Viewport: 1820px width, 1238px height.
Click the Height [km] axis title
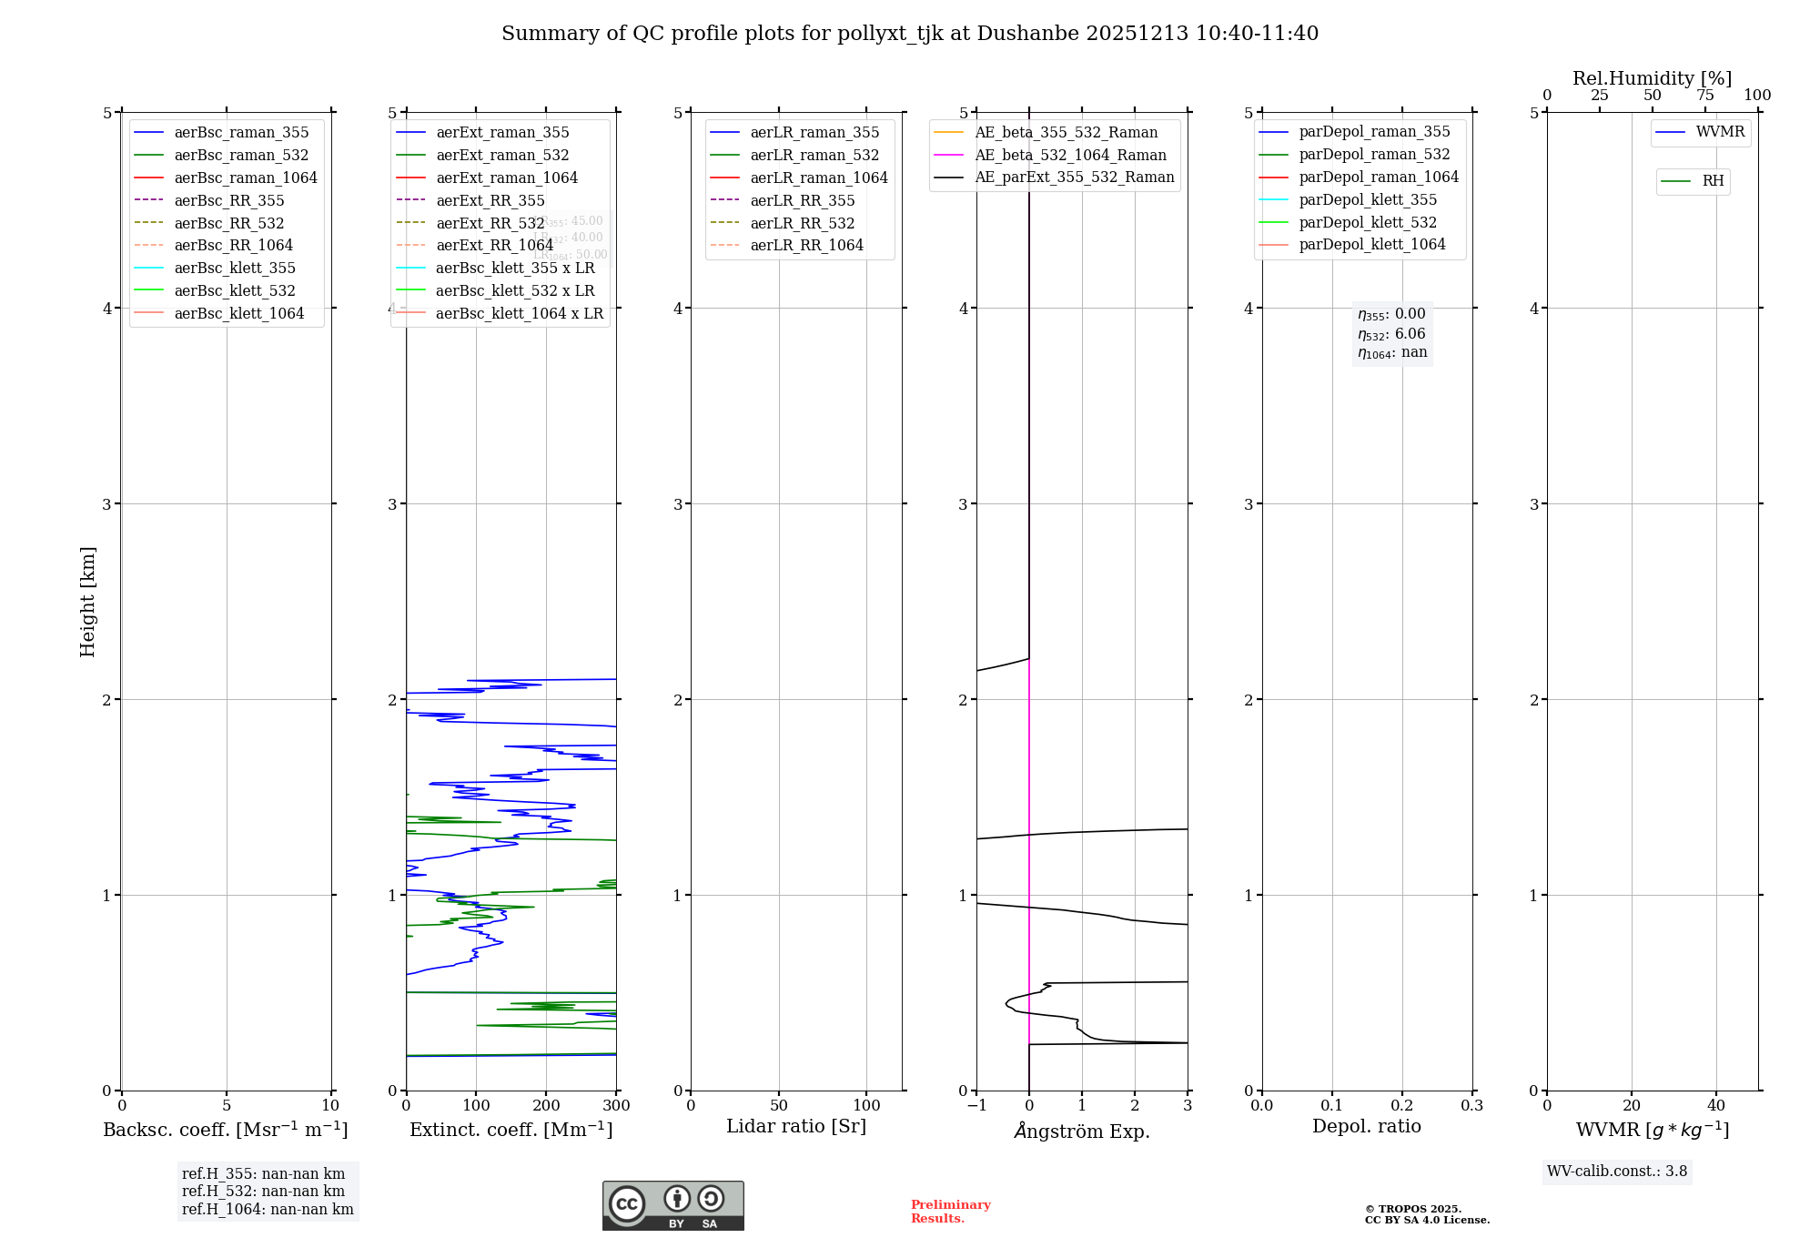click(87, 601)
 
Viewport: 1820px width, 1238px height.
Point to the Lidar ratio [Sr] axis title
click(796, 1126)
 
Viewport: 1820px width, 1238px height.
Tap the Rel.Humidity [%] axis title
click(1652, 78)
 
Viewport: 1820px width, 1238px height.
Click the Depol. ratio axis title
click(1366, 1126)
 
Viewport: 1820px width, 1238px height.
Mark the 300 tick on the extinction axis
click(616, 1106)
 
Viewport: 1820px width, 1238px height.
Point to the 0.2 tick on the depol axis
click(1402, 1106)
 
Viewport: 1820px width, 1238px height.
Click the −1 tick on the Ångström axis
click(976, 1106)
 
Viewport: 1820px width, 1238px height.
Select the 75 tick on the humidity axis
click(1705, 96)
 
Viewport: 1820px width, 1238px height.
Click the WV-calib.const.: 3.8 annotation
click(1617, 1172)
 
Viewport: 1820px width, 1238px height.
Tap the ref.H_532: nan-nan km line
click(263, 1192)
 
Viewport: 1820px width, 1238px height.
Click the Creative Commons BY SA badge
click(672, 1205)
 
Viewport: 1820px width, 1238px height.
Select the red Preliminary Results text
click(950, 1212)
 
